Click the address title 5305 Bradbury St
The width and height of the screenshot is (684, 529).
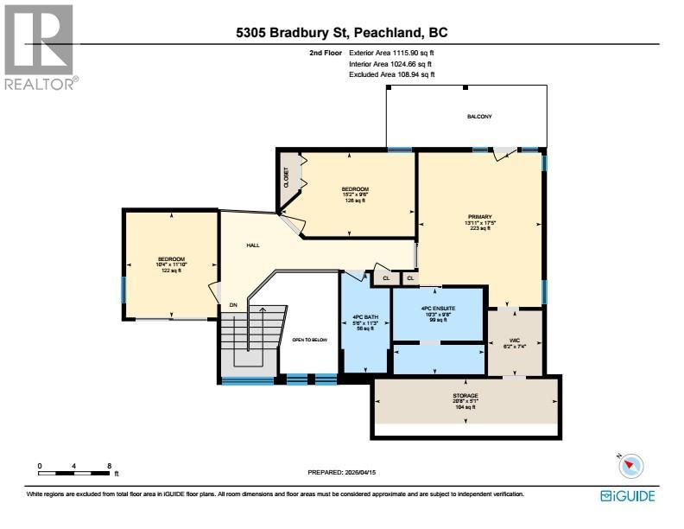tap(342, 34)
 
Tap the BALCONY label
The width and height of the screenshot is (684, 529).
tap(479, 116)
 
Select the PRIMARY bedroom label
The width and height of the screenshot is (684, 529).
tap(479, 217)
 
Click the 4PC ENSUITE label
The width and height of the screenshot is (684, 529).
tap(438, 308)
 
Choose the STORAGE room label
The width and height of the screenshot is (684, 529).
tap(465, 396)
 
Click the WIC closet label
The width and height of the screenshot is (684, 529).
tap(514, 340)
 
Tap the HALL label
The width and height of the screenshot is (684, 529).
tap(253, 245)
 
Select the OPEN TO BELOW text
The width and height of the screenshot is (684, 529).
tap(310, 340)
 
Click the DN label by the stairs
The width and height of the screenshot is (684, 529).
tap(233, 304)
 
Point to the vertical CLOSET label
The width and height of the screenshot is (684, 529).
tap(287, 178)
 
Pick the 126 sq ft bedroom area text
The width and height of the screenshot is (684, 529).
tap(355, 201)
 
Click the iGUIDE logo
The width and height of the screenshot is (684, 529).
tap(628, 496)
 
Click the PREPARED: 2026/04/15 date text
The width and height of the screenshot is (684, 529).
tap(343, 472)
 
